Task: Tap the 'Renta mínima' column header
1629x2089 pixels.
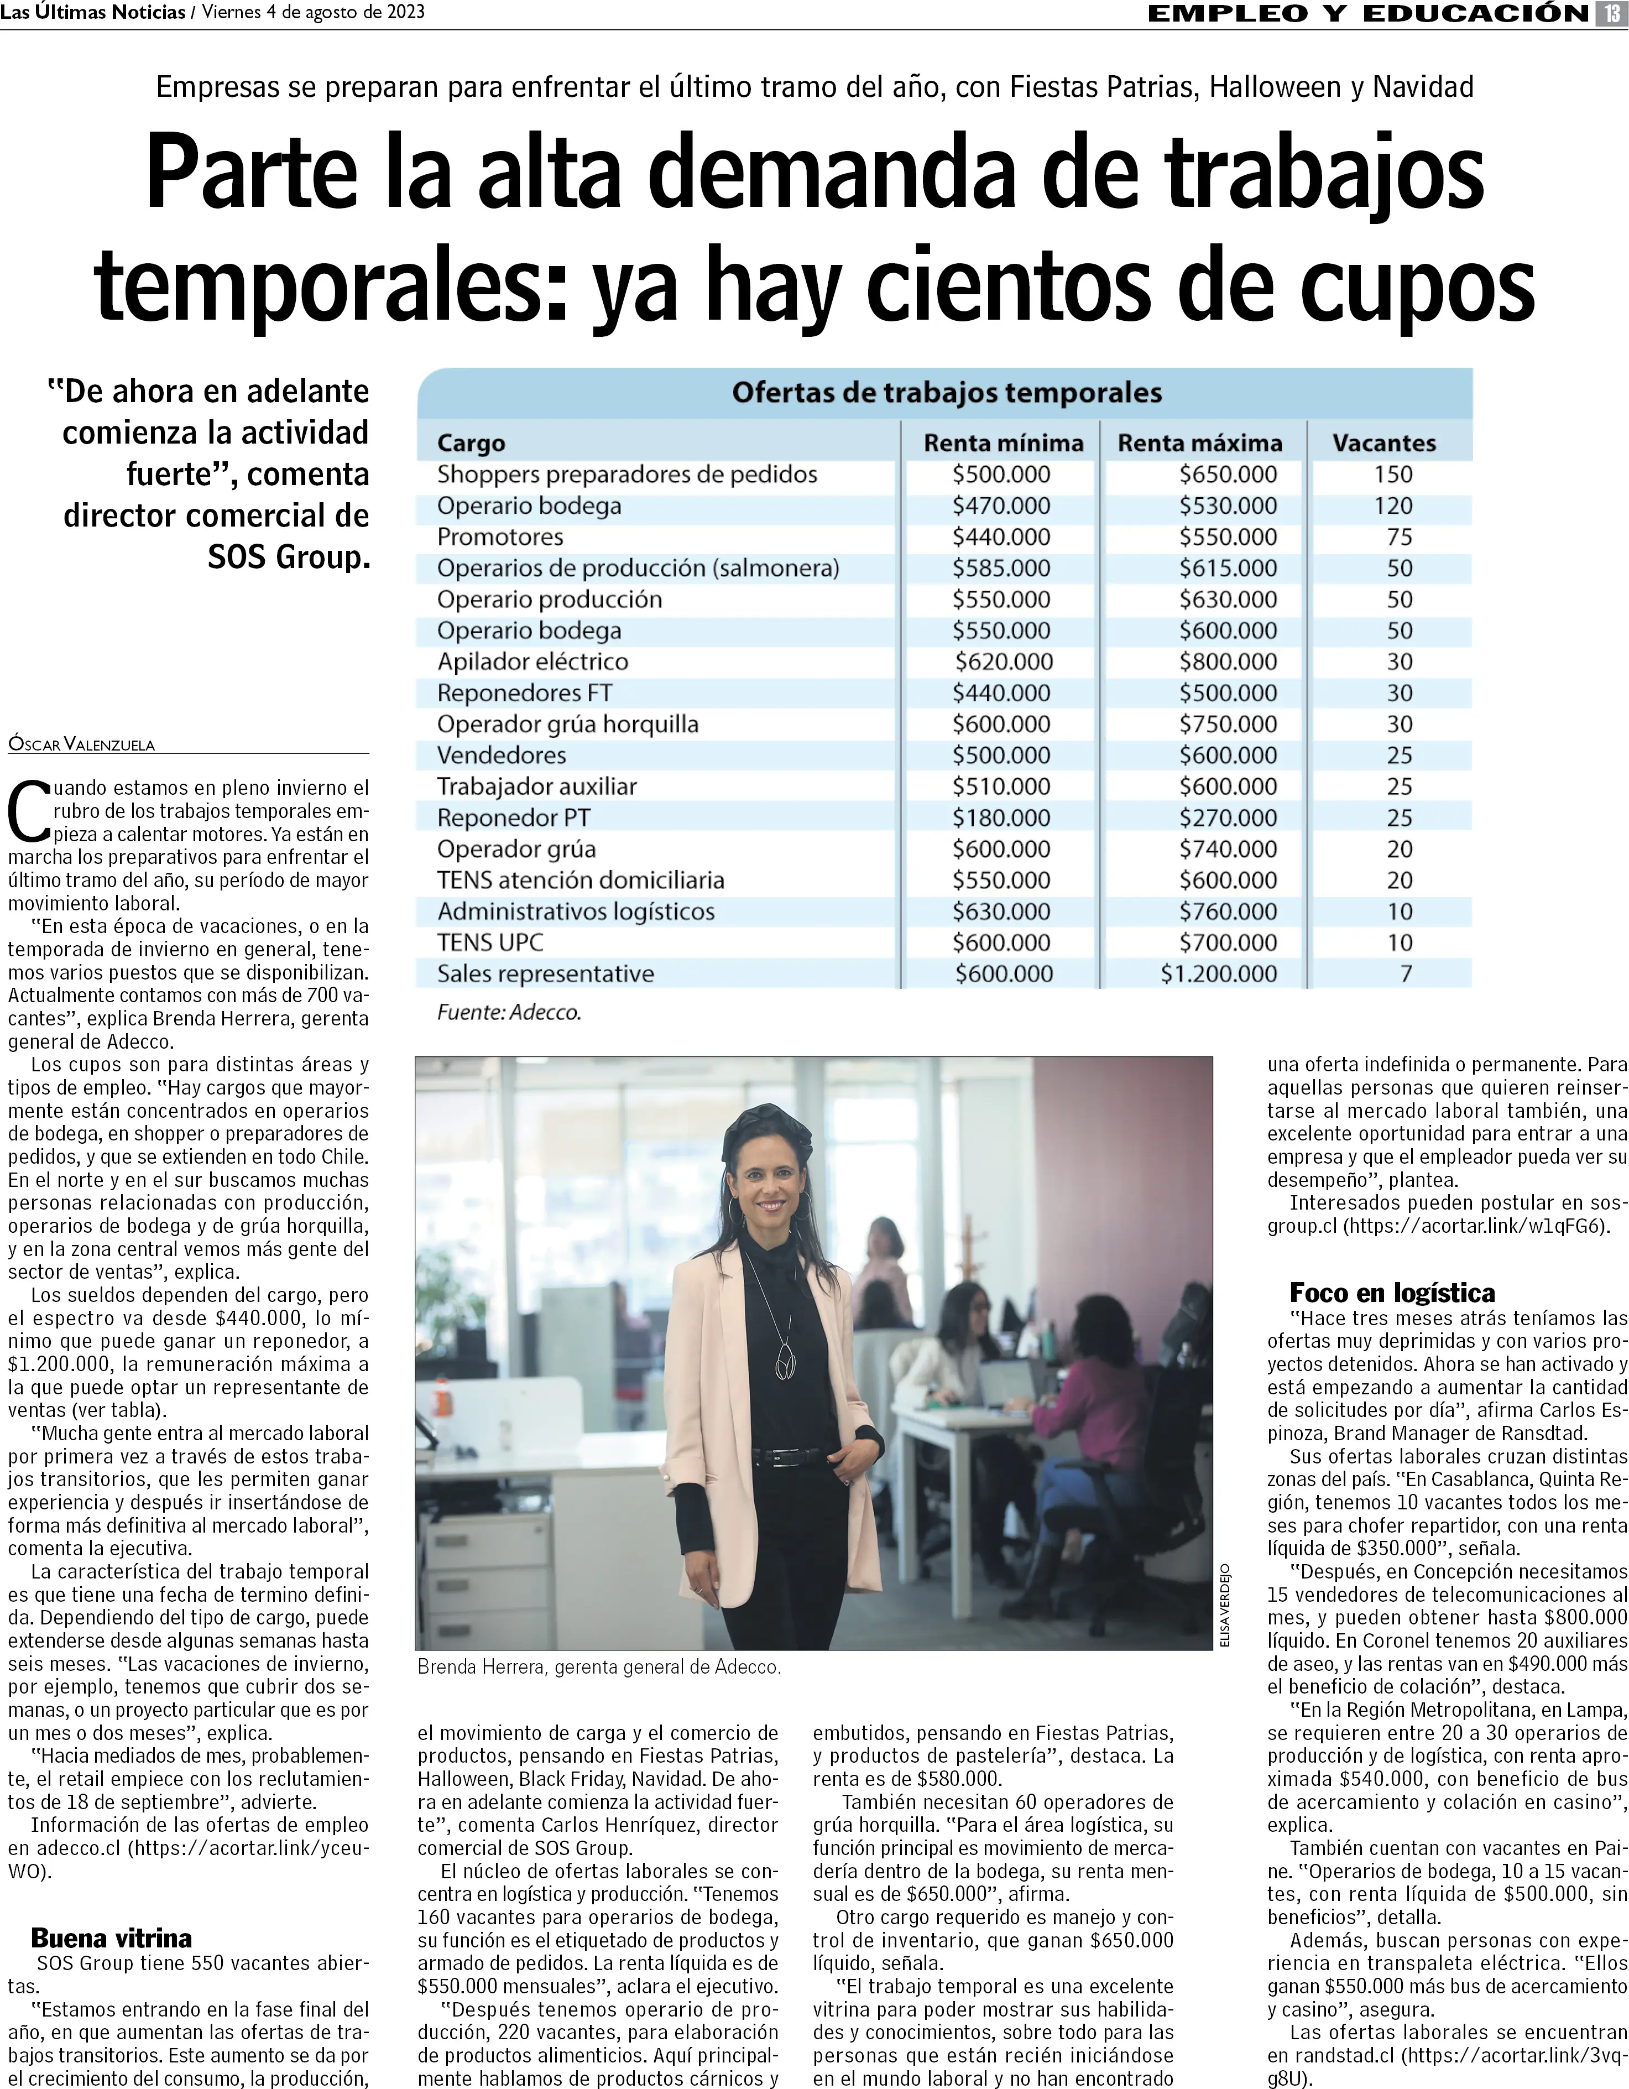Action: [x=1003, y=443]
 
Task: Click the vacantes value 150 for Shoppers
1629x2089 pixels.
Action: [x=1393, y=475]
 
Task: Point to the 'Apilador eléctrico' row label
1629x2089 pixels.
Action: [x=533, y=662]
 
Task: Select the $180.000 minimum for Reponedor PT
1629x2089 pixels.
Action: [x=1000, y=818]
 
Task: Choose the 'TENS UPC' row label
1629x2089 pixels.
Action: [x=490, y=942]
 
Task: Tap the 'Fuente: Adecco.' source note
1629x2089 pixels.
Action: [x=509, y=1012]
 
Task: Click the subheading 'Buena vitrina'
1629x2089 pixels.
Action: [x=111, y=1938]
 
